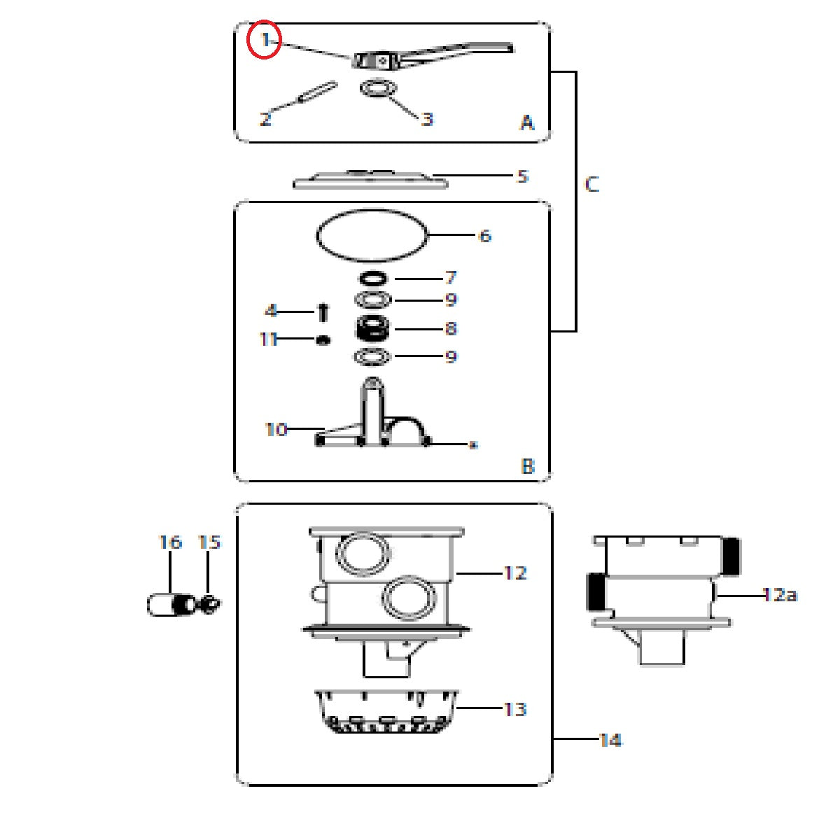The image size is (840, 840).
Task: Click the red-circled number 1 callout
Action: pyautogui.click(x=264, y=40)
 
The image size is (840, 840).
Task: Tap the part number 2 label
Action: pyautogui.click(x=265, y=118)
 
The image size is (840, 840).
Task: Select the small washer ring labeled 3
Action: pyautogui.click(x=379, y=88)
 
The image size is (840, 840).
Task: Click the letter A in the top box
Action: pyautogui.click(x=527, y=122)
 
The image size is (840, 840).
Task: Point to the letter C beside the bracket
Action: pyautogui.click(x=591, y=184)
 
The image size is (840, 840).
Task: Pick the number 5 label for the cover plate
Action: pyautogui.click(x=522, y=176)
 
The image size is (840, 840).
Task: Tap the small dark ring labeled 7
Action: pyautogui.click(x=372, y=278)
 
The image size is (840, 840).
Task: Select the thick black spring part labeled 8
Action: pyautogui.click(x=372, y=328)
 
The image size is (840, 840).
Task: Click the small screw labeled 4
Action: pyautogui.click(x=323, y=312)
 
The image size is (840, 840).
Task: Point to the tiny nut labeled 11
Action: pyautogui.click(x=323, y=340)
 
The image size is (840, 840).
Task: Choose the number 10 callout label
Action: pyautogui.click(x=276, y=430)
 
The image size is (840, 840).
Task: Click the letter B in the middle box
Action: pyautogui.click(x=528, y=466)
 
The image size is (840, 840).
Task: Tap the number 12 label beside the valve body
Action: pyautogui.click(x=515, y=573)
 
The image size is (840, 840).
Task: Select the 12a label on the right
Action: pyautogui.click(x=780, y=594)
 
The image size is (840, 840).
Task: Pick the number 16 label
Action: pyautogui.click(x=170, y=542)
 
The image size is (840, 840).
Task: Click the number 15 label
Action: pyautogui.click(x=209, y=542)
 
